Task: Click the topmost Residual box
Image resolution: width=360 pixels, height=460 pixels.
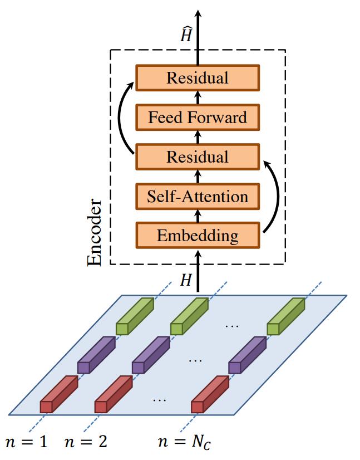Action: (198, 77)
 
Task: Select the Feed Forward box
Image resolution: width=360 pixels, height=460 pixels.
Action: (198, 118)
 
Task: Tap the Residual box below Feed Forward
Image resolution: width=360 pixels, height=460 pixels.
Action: (198, 156)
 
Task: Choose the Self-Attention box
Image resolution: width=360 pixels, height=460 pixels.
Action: (198, 196)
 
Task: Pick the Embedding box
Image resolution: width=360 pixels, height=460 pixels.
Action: (198, 235)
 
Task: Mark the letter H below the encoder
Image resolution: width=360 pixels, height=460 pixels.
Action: (185, 280)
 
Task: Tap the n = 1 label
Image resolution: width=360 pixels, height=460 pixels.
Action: (26, 443)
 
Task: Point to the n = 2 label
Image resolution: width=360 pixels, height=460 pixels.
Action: (86, 443)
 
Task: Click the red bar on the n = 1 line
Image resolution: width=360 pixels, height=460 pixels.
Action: (58, 394)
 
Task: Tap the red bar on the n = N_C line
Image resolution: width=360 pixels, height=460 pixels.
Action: (210, 394)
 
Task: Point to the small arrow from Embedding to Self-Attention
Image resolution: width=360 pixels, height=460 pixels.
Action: (198, 216)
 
